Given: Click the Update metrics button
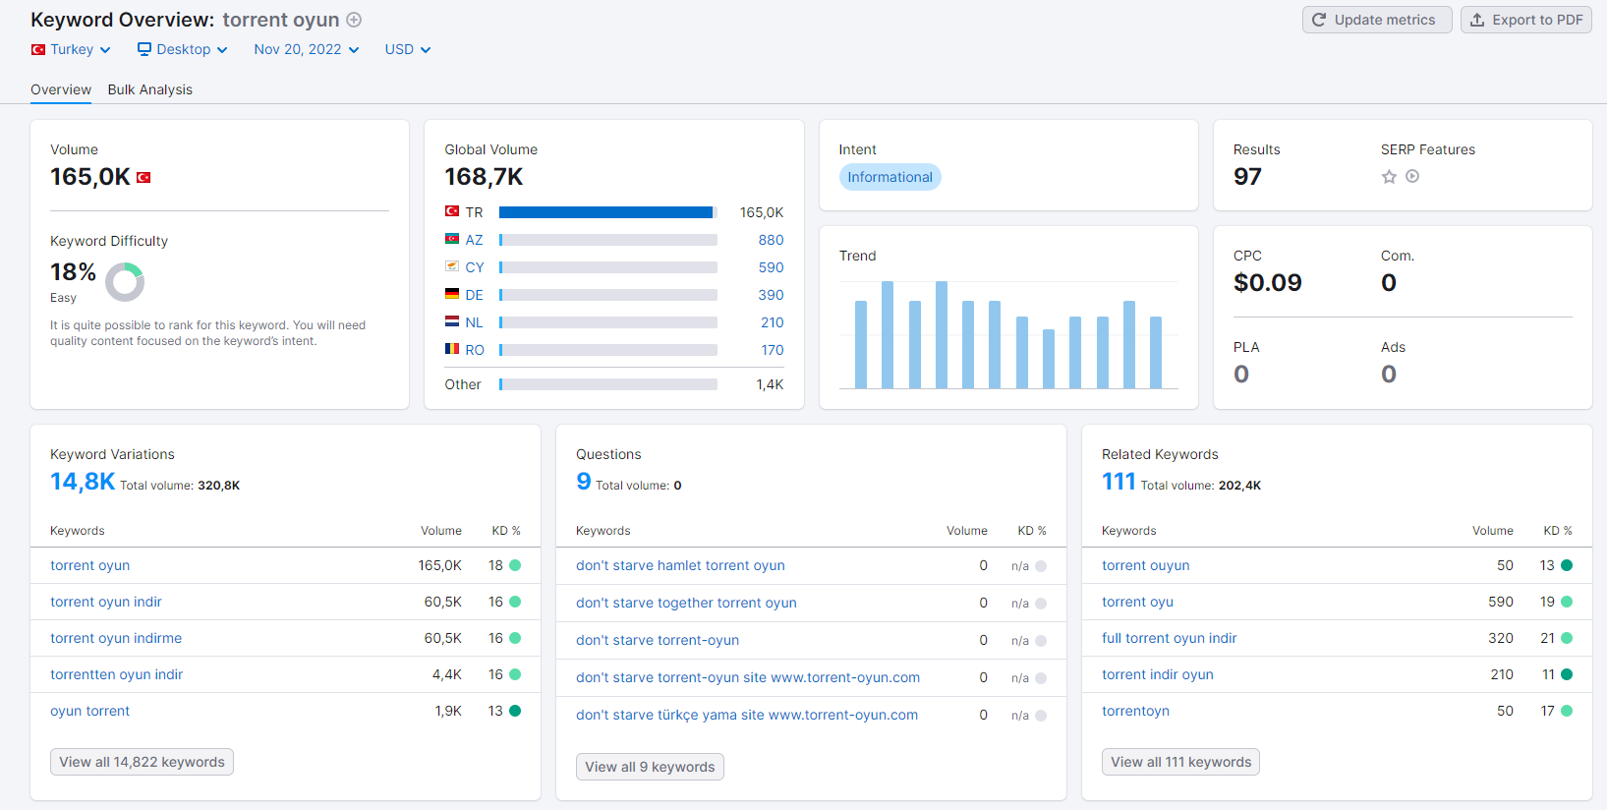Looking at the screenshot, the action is [1377, 20].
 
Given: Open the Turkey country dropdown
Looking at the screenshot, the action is [71, 49].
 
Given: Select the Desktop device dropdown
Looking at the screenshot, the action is [182, 49].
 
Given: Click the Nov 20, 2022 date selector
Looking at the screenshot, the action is [307, 49].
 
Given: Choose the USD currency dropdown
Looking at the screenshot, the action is [408, 49].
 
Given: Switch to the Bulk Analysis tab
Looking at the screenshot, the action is [150, 89].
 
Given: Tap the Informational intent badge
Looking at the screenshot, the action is [890, 177].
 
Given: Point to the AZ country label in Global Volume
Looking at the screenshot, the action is [474, 240].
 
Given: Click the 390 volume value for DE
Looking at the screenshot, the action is [771, 295].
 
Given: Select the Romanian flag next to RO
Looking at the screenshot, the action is [452, 349].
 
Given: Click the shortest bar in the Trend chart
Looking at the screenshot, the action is [1049, 359].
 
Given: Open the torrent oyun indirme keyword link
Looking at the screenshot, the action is [116, 638].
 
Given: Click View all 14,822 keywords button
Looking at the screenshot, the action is [143, 762].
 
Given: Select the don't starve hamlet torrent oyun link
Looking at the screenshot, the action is [680, 565].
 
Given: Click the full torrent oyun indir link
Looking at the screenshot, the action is [1170, 638].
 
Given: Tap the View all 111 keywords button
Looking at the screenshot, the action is [1180, 762].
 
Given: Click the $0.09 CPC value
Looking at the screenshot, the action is [1268, 283].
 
